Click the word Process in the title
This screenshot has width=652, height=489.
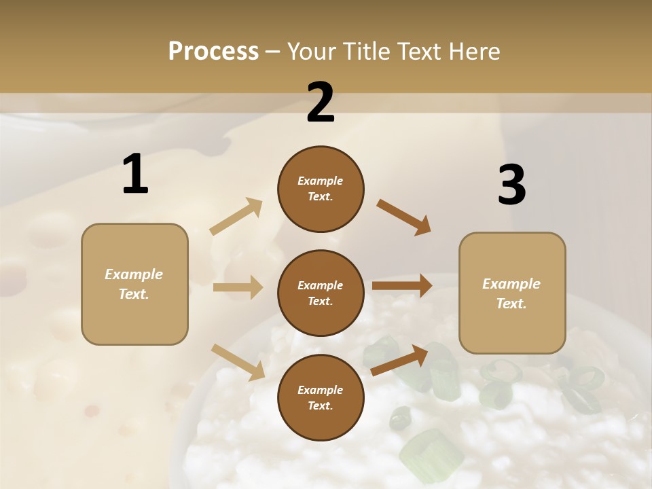click(213, 52)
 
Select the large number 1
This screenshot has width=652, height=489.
click(135, 175)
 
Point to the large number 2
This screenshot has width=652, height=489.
click(321, 103)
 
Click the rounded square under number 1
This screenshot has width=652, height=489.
click(134, 284)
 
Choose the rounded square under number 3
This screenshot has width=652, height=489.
click(512, 293)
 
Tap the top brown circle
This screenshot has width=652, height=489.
click(321, 189)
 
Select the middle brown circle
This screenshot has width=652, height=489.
click(321, 293)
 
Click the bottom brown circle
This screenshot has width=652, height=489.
click(321, 397)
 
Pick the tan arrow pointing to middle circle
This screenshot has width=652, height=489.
click(238, 287)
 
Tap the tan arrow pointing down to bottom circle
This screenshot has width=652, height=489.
click(238, 362)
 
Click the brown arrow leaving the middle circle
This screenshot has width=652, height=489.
click(402, 286)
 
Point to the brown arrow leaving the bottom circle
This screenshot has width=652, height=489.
click(399, 360)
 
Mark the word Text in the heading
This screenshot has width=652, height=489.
click(418, 52)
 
